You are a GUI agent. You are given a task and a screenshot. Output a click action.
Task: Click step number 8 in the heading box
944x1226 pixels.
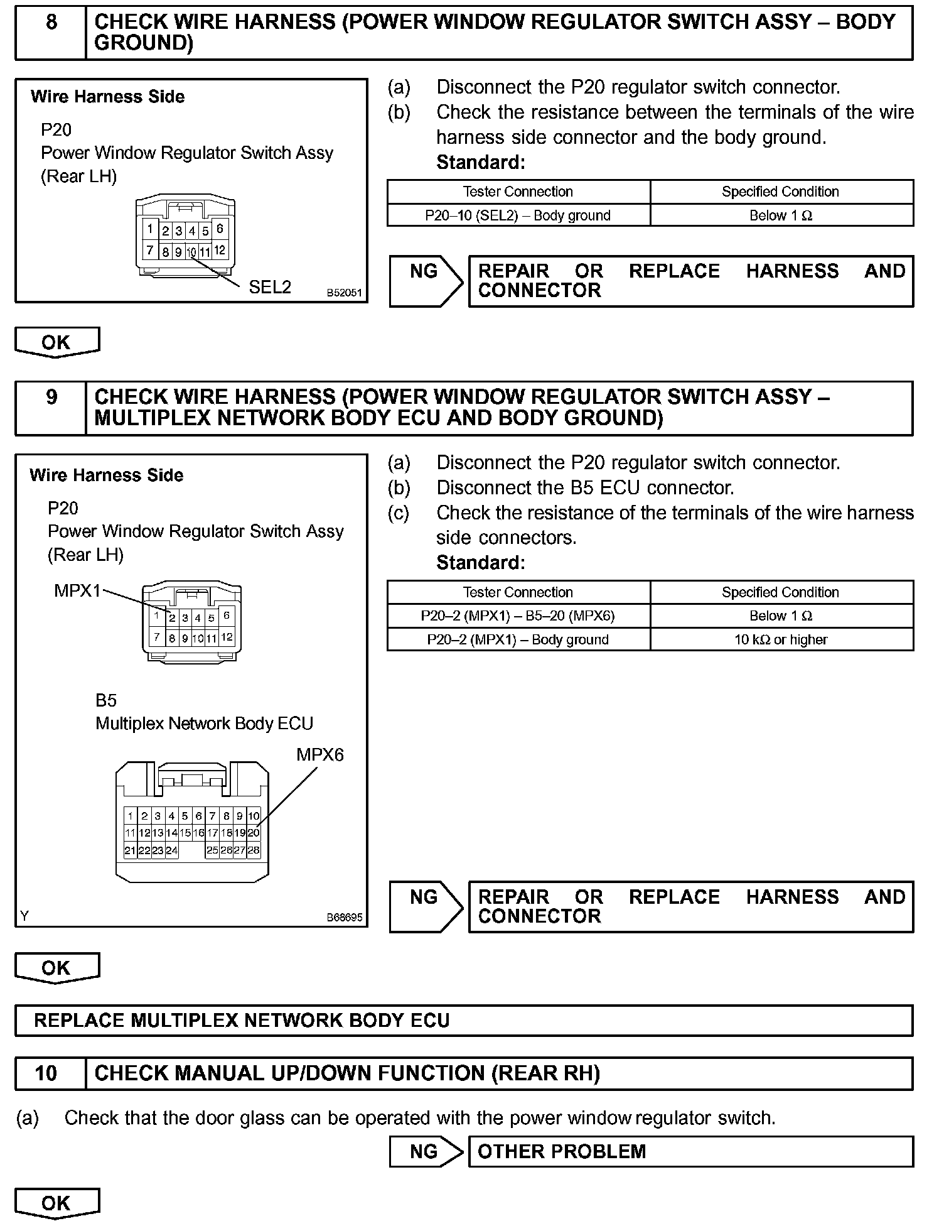(x=51, y=23)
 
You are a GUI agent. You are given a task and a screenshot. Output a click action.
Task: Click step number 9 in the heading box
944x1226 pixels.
(x=51, y=397)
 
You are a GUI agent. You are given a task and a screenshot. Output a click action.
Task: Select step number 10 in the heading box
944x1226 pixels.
(x=46, y=1073)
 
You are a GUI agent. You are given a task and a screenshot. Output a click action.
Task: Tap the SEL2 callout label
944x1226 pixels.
(x=270, y=288)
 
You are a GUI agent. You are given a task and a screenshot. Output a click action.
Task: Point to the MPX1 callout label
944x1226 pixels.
(x=77, y=591)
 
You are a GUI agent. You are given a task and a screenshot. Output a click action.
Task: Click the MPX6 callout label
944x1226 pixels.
(x=320, y=754)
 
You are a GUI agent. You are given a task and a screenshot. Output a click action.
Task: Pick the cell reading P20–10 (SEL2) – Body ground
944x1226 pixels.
(x=518, y=215)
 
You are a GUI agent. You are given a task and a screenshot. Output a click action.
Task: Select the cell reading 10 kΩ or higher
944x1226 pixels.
(x=781, y=640)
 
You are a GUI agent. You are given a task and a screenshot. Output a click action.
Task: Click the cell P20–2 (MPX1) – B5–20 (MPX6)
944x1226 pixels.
(x=518, y=616)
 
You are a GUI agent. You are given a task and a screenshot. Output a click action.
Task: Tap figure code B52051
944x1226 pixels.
(x=344, y=293)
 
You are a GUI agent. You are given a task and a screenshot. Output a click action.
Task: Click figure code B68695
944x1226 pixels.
(x=344, y=917)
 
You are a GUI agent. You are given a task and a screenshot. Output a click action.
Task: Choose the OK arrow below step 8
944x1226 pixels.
(x=56, y=343)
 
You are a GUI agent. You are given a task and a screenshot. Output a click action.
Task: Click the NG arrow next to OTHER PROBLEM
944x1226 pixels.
(x=426, y=1151)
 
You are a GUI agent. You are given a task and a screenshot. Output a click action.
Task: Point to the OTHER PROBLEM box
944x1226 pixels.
(x=690, y=1151)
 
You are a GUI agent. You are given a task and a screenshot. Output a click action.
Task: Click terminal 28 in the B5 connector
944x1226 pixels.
(x=254, y=850)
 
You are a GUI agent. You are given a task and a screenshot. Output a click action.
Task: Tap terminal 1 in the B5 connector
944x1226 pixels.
(x=131, y=816)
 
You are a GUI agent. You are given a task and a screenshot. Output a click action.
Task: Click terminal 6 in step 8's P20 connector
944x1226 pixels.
(x=220, y=229)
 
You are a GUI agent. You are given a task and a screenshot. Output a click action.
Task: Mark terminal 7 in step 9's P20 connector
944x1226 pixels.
(x=157, y=637)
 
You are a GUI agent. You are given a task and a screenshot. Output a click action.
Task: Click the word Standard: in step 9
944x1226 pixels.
(x=480, y=563)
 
